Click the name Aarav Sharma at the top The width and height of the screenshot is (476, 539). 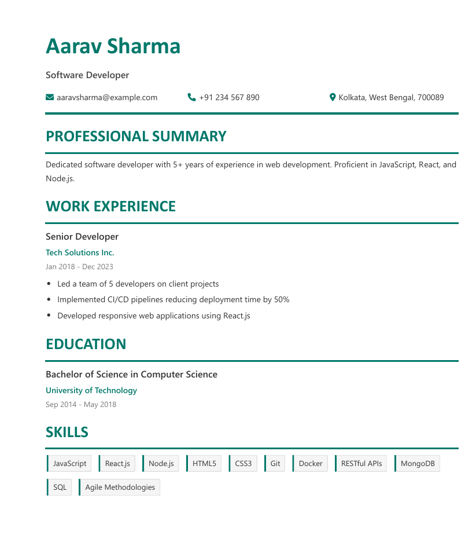click(113, 46)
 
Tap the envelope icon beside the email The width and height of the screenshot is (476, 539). click(50, 97)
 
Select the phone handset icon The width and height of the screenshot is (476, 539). click(192, 97)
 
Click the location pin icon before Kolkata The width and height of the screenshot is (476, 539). click(333, 97)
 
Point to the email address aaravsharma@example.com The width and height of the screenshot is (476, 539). click(107, 97)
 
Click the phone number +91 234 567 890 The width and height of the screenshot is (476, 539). click(229, 97)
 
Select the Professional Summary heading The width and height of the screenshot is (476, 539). click(136, 137)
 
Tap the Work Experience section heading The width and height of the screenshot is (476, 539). click(110, 207)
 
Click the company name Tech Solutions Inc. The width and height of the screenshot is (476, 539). click(80, 252)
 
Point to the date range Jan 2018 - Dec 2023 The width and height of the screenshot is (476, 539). click(79, 267)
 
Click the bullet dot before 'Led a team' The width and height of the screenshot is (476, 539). click(48, 284)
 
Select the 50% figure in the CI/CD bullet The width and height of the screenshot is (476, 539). click(282, 300)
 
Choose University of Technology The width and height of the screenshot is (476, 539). click(91, 390)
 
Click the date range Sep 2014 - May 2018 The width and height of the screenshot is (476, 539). click(81, 405)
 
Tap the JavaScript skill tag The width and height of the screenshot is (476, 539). click(69, 464)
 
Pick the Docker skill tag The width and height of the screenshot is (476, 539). click(311, 464)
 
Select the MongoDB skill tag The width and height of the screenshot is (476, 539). click(417, 464)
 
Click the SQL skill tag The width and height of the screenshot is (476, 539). click(60, 487)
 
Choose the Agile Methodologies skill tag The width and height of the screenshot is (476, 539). click(120, 487)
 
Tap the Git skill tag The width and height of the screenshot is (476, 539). click(275, 464)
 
